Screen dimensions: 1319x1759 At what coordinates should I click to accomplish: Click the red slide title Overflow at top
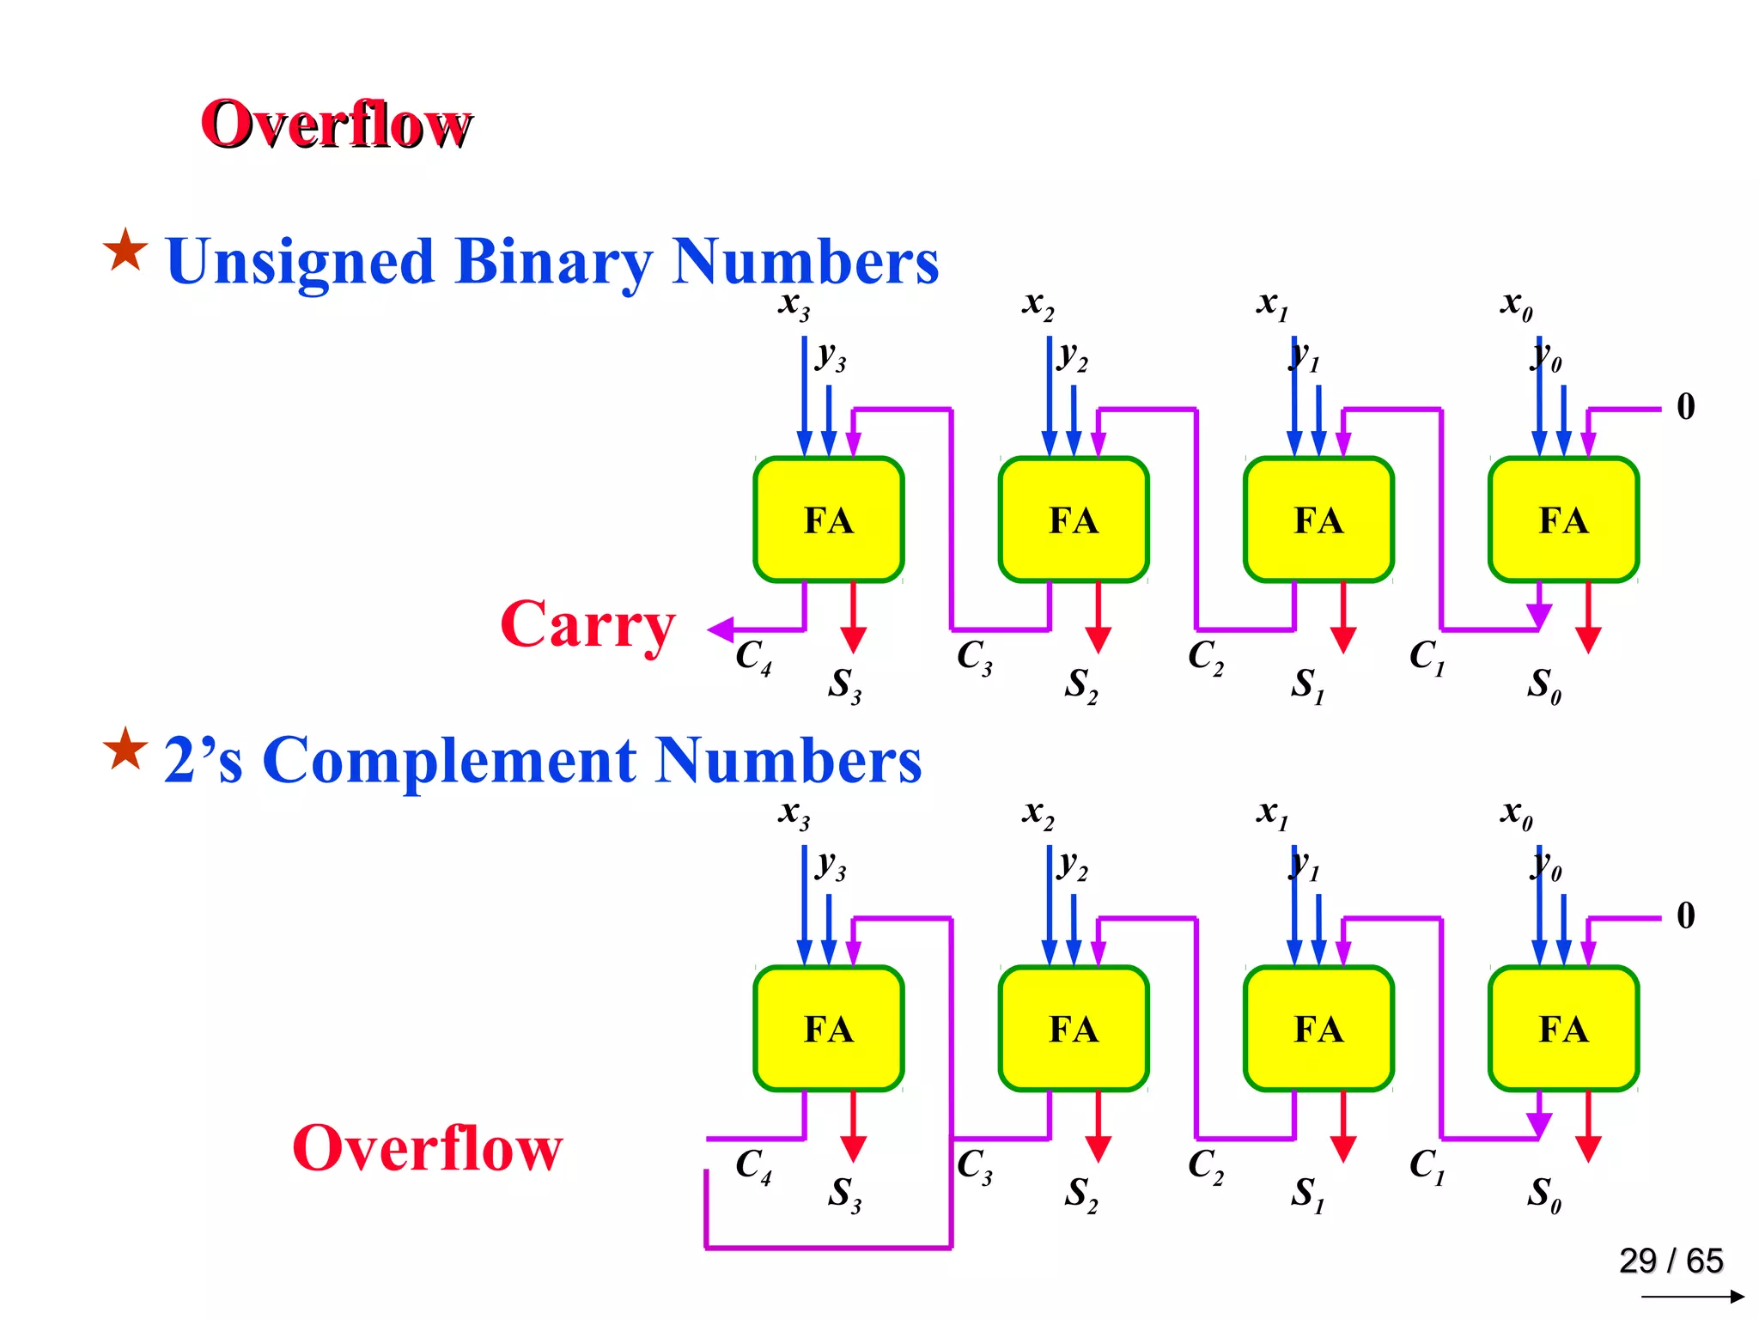coord(336,125)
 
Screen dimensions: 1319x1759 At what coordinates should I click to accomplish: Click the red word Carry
coord(587,625)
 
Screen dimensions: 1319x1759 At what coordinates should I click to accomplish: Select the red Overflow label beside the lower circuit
coord(427,1148)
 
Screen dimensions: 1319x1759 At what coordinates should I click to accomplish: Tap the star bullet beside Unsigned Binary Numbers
coord(125,251)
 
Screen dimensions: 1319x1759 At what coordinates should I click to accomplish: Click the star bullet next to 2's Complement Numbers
coord(125,749)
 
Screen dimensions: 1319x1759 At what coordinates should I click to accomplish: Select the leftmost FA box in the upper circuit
coord(828,520)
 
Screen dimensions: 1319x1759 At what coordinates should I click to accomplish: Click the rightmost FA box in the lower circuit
coord(1563,1029)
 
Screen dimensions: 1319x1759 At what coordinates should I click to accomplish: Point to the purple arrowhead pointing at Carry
coord(720,629)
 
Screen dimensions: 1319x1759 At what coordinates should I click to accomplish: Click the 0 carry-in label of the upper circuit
coord(1686,407)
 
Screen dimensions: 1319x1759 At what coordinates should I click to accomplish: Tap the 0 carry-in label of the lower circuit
coord(1686,915)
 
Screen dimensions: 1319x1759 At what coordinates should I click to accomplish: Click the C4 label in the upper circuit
coord(752,657)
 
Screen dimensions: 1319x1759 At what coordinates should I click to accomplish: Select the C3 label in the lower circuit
coord(974,1166)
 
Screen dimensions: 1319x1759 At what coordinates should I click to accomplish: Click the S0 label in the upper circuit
coord(1543,685)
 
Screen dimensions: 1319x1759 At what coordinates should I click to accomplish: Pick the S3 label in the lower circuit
coord(843,1194)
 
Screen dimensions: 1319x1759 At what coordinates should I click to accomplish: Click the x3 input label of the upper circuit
coord(794,304)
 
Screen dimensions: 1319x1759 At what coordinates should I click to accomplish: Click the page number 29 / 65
coord(1671,1261)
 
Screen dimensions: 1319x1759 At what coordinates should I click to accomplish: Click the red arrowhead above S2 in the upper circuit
coord(1098,639)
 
